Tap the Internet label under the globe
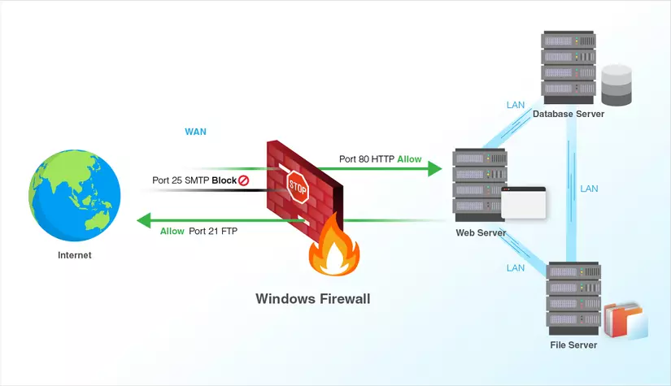pos(75,255)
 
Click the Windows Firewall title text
pos(313,299)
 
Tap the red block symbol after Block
pos(243,180)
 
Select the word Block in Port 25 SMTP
pos(224,180)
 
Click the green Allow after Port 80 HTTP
pos(409,159)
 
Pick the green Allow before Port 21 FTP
pos(172,232)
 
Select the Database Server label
pos(569,115)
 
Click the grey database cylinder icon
pos(617,85)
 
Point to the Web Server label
pos(481,233)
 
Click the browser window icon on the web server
pos(523,202)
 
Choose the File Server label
pos(573,345)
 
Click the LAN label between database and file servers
pos(589,189)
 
